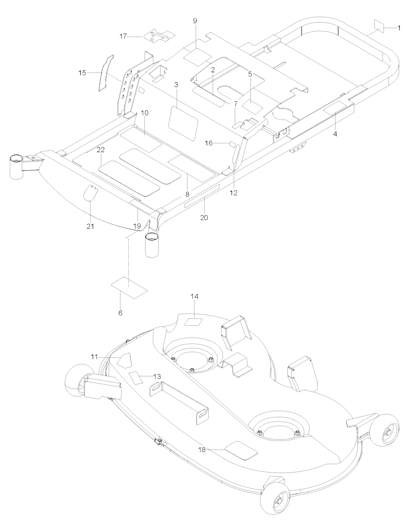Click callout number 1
pos(399,28)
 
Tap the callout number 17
pos(123,37)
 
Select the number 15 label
pos(82,73)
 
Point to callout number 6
pos(120,313)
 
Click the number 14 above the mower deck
pos(194,296)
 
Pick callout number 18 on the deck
pos(202,450)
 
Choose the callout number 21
pos(90,226)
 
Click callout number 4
pos(335,134)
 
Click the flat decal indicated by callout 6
pos(129,287)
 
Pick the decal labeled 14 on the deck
pos(194,322)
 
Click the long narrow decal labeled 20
pos(202,196)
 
